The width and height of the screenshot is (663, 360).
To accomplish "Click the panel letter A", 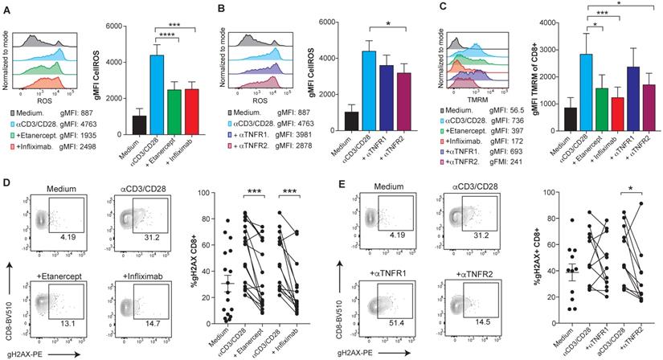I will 6,8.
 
